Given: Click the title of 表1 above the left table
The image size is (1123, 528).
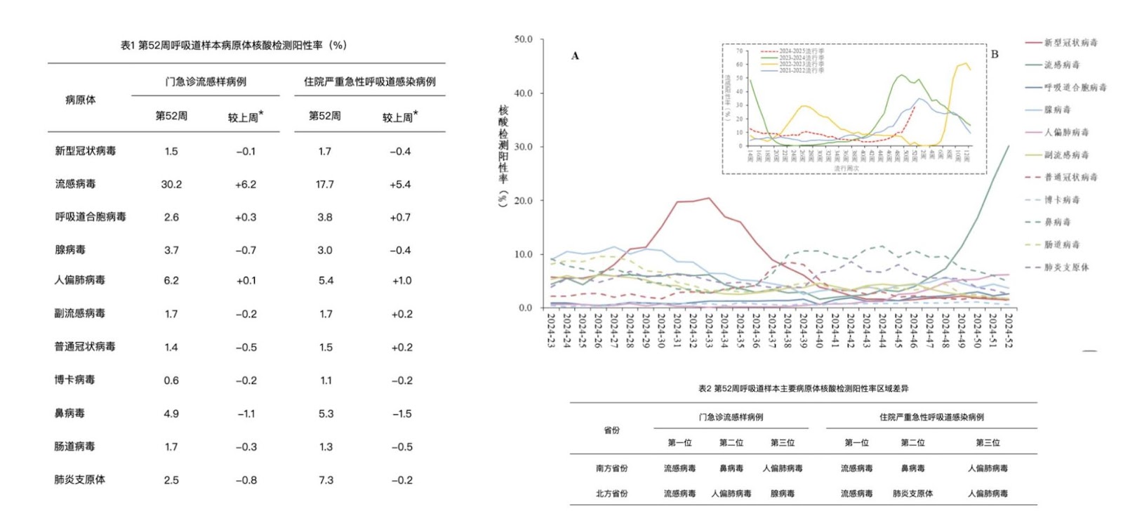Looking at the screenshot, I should click(x=233, y=45).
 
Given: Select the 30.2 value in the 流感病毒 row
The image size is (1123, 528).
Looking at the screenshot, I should click(x=171, y=184).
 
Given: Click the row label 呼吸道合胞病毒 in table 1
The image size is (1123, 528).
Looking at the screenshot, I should click(x=91, y=217).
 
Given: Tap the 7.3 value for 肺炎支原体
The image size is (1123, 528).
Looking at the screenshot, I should click(x=326, y=480).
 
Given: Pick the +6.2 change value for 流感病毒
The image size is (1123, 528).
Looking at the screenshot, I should click(x=246, y=184).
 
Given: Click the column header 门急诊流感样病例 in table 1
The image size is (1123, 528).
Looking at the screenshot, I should click(x=206, y=81).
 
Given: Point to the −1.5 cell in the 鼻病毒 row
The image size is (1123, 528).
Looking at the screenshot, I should click(x=401, y=414).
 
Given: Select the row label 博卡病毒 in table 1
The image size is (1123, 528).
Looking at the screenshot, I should click(x=74, y=380).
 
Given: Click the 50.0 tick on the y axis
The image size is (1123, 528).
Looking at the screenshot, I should click(x=524, y=39).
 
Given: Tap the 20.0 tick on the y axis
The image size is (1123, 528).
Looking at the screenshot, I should click(x=524, y=201).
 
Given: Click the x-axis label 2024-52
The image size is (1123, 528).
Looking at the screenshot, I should click(x=1009, y=330).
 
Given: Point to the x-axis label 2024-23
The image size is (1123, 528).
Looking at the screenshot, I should click(x=551, y=330).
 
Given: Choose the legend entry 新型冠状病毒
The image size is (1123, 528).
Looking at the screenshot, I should click(x=1070, y=42).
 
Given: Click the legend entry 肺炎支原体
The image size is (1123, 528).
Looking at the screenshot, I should click(x=1066, y=268).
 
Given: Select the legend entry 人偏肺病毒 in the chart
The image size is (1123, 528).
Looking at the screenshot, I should click(x=1066, y=132).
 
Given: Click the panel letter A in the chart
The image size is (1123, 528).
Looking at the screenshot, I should click(x=575, y=56).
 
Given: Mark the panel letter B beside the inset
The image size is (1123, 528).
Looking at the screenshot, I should click(x=995, y=54).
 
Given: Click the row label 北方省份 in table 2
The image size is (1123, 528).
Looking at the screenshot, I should click(x=612, y=494).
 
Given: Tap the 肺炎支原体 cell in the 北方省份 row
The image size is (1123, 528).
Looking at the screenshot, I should click(x=912, y=494).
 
